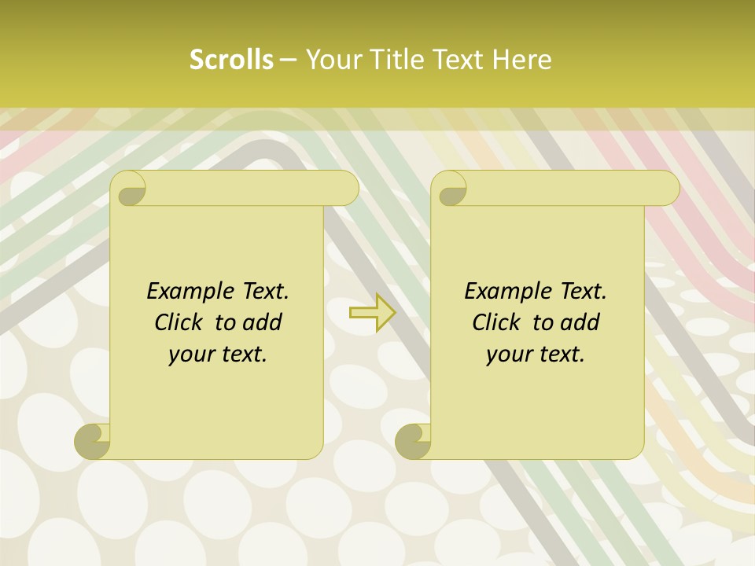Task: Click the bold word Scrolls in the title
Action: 231,60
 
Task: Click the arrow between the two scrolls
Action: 372,313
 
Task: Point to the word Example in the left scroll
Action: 186,292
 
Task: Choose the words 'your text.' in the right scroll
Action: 536,355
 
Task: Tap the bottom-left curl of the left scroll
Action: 93,441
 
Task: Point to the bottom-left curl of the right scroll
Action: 413,441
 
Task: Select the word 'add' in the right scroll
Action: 582,323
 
